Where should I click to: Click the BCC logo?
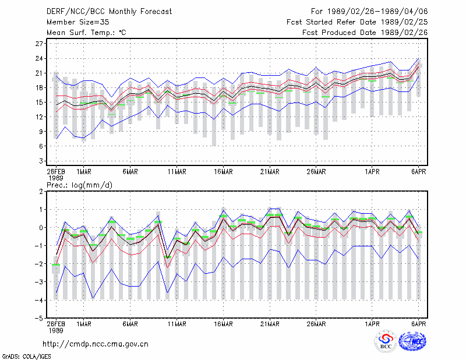tap(386, 341)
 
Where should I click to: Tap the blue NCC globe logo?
tap(412, 341)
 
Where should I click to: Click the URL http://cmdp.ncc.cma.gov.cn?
tap(96, 344)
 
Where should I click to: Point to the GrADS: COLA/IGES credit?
tap(26, 357)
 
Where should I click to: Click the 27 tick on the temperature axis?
tap(39, 44)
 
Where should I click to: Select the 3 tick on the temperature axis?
tap(41, 161)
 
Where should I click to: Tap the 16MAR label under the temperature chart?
tap(223, 172)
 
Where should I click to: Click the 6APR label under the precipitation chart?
tap(418, 324)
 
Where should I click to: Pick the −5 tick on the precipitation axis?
tap(39, 319)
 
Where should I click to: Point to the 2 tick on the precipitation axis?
tap(41, 192)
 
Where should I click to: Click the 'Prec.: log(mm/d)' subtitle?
tap(79, 185)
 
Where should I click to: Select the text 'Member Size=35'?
tap(78, 22)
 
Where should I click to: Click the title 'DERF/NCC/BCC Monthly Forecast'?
tap(109, 12)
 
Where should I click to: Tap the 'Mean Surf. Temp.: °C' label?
tap(86, 33)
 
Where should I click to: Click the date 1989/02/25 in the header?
tap(404, 22)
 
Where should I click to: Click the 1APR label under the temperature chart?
tap(372, 172)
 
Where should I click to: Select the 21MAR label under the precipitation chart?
tap(270, 324)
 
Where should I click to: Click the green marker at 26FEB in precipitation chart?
tap(56, 264)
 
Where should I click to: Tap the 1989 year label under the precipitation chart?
tap(56, 330)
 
